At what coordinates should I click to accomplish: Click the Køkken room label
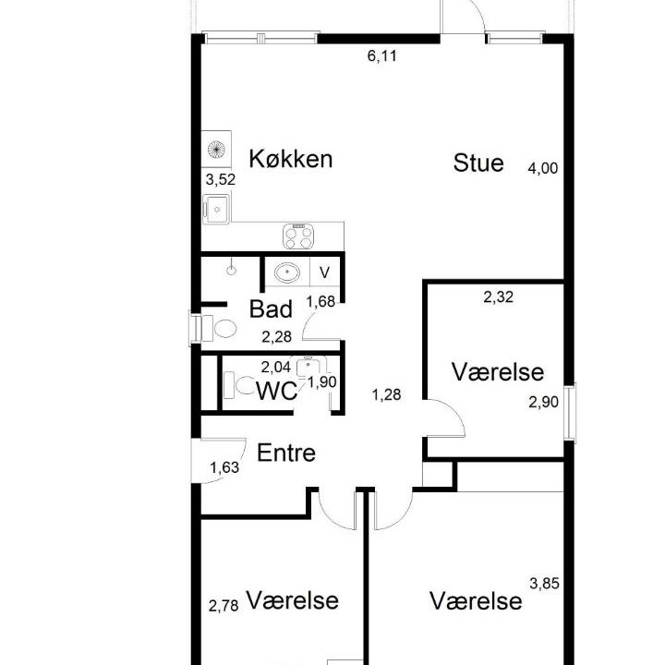(x=291, y=159)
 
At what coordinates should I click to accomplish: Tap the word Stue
(x=478, y=163)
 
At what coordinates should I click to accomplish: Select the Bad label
(x=271, y=308)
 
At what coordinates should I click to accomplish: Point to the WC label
(x=276, y=391)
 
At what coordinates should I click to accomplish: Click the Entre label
(x=286, y=453)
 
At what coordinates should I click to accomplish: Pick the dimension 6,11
(x=382, y=56)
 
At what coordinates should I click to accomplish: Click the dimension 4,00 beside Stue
(x=543, y=168)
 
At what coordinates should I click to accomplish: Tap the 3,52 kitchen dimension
(x=221, y=179)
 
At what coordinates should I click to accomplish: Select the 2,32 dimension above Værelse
(x=499, y=296)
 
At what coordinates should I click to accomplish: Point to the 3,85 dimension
(x=544, y=584)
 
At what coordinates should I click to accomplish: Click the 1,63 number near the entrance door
(x=224, y=467)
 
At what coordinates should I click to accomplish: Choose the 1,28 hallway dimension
(x=386, y=395)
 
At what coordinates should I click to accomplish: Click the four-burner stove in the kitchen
(x=298, y=236)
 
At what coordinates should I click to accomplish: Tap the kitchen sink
(x=216, y=209)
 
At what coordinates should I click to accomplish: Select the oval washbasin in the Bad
(x=287, y=272)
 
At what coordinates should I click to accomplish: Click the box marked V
(x=324, y=272)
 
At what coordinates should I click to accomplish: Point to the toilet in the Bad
(x=219, y=329)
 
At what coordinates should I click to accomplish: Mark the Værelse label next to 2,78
(x=293, y=600)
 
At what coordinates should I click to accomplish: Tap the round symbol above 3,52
(x=216, y=150)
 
